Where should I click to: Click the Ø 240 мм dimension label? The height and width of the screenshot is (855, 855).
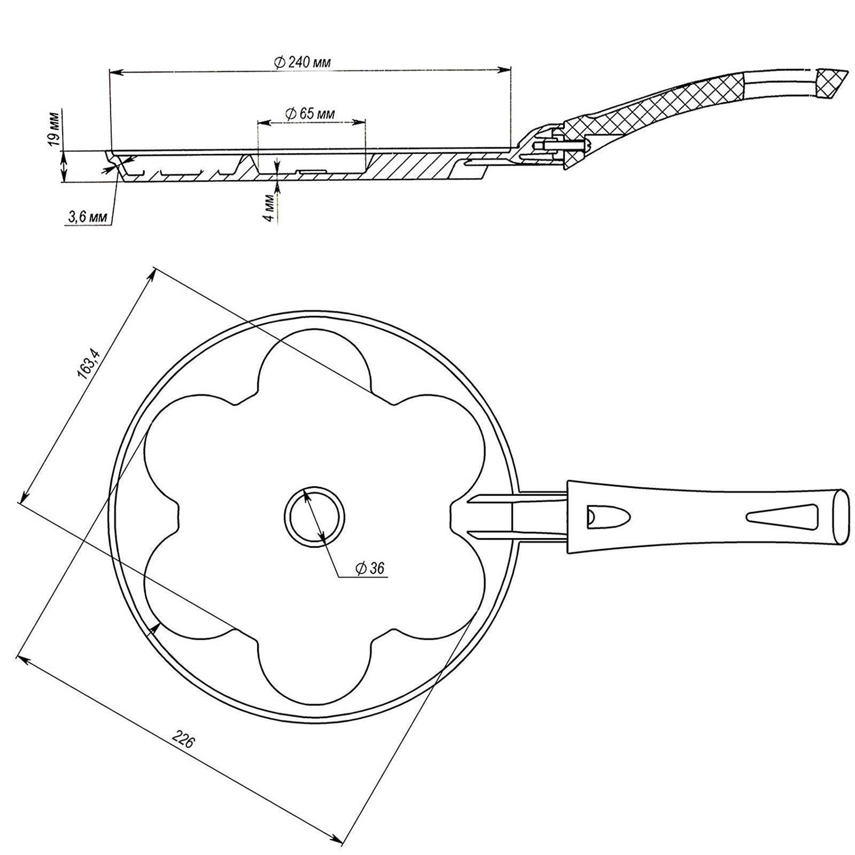(302, 62)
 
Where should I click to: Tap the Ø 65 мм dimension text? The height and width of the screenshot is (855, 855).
(310, 114)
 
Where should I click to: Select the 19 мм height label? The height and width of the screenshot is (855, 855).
(53, 129)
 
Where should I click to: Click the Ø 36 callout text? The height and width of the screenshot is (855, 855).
(370, 568)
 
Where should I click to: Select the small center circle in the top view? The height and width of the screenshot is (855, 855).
(314, 516)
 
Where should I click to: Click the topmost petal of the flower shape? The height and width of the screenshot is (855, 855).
(315, 363)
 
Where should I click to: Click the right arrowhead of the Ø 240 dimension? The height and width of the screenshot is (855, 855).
(504, 69)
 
